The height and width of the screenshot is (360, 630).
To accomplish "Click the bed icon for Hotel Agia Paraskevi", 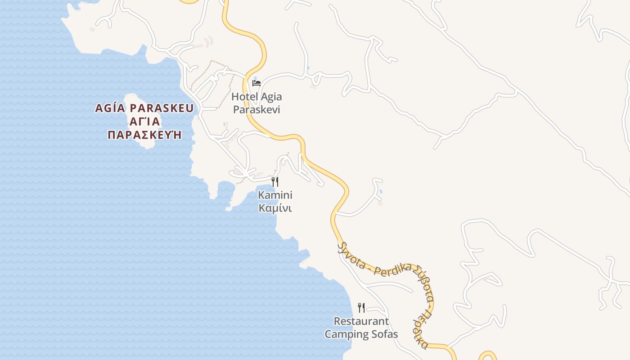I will (x=256, y=83).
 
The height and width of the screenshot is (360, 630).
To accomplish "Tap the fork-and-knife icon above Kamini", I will (x=275, y=182).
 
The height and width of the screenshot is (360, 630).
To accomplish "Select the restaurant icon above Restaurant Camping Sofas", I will (x=361, y=308).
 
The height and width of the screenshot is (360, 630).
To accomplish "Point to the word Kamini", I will (x=275, y=195).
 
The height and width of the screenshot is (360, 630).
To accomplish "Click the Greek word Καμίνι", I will (x=275, y=208).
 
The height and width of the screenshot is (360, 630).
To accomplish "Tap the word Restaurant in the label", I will (x=361, y=321).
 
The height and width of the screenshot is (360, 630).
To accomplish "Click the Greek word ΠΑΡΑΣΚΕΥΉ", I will (x=144, y=135).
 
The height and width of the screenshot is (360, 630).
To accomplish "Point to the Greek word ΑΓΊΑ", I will (x=144, y=122).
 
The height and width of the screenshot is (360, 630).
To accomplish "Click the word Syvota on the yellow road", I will (x=352, y=256).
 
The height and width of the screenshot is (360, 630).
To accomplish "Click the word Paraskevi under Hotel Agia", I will (x=256, y=110).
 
